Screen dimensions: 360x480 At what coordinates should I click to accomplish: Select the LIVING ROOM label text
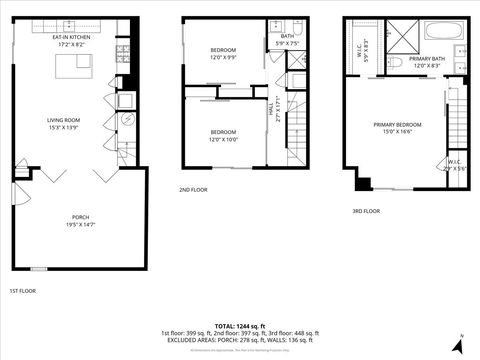(62, 121)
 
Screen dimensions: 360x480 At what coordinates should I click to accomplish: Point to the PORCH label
(80, 217)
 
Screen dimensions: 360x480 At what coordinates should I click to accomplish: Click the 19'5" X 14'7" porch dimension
(80, 225)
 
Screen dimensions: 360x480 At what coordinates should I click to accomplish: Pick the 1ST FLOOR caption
(24, 291)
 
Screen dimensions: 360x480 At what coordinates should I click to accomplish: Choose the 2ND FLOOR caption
(193, 189)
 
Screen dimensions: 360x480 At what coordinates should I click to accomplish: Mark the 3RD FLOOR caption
(367, 211)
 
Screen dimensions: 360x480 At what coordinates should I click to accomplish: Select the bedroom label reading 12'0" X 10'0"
(223, 136)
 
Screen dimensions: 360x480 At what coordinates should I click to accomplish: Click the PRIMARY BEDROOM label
(397, 125)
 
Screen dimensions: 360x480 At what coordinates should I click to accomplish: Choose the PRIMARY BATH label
(427, 59)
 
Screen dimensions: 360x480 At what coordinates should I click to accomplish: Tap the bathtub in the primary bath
(442, 30)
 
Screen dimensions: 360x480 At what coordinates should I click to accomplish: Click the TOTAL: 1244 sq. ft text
(238, 326)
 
